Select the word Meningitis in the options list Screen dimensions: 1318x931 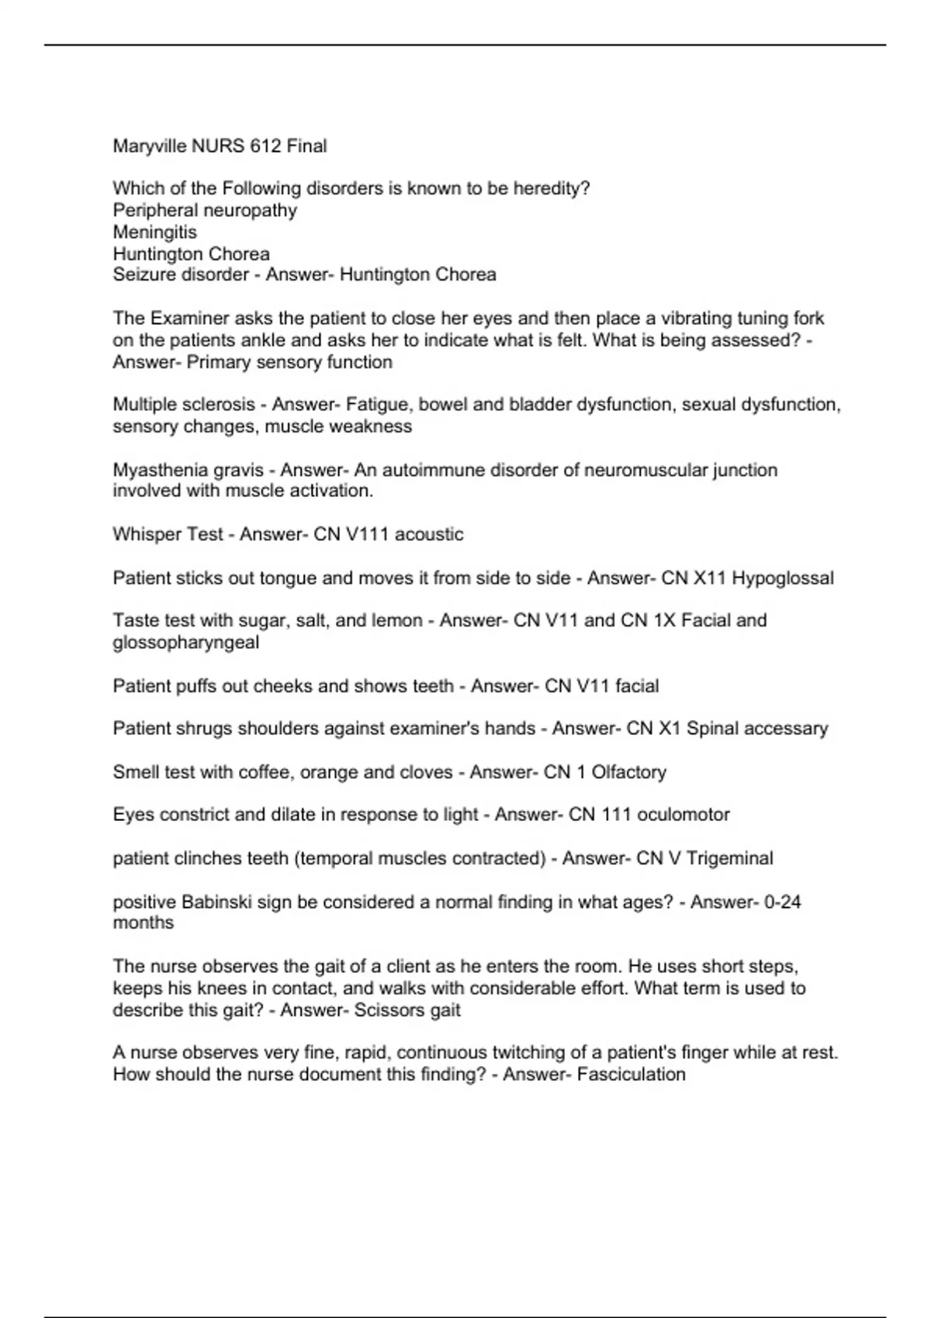click(x=155, y=232)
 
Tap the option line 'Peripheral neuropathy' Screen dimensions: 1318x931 click(x=205, y=210)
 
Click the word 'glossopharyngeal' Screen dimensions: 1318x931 click(x=186, y=643)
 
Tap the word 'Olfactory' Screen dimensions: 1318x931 click(x=628, y=772)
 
